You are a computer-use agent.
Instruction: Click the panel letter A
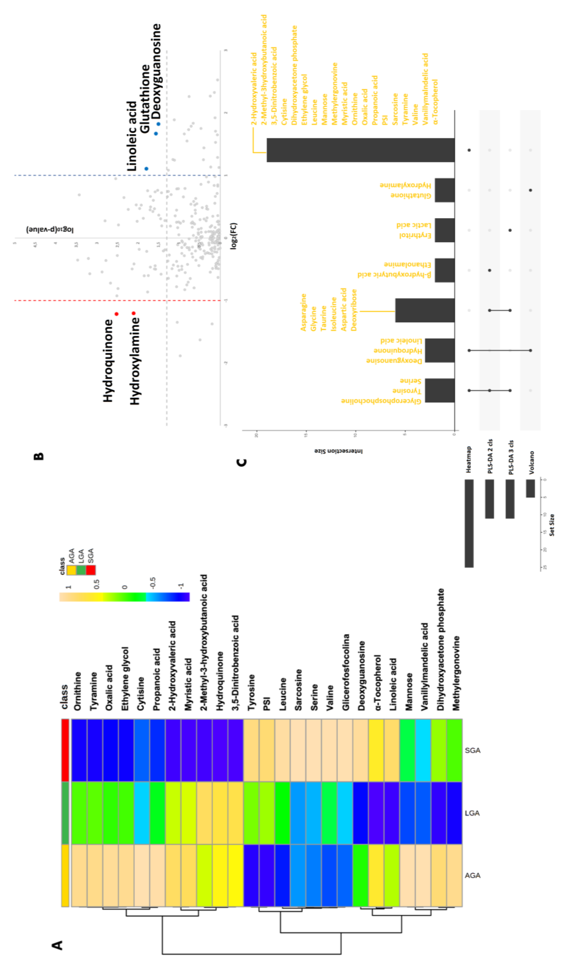pos(58,945)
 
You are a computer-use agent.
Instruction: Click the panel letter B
pos(39,456)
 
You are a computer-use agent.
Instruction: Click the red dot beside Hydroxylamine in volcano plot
pos(133,313)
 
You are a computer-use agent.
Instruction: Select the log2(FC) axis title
pos(234,236)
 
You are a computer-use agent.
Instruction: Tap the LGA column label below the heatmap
pos(472,813)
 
